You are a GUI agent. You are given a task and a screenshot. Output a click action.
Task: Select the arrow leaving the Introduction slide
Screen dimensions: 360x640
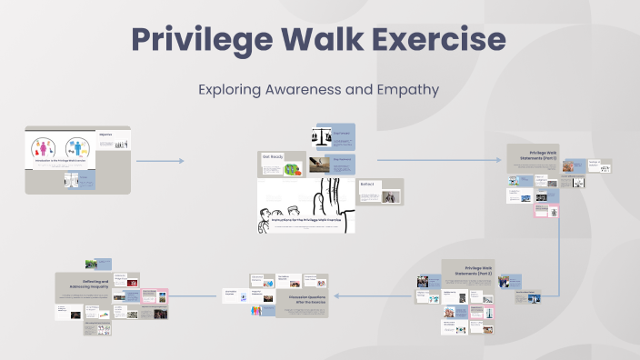click(159, 161)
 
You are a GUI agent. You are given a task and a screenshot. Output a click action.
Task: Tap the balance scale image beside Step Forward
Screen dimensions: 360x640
click(321, 137)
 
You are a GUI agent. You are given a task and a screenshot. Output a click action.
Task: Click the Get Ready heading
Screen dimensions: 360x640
click(272, 156)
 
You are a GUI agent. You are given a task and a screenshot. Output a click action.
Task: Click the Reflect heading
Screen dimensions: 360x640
click(367, 184)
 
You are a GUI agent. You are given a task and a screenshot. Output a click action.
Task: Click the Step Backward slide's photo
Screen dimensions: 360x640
click(318, 165)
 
